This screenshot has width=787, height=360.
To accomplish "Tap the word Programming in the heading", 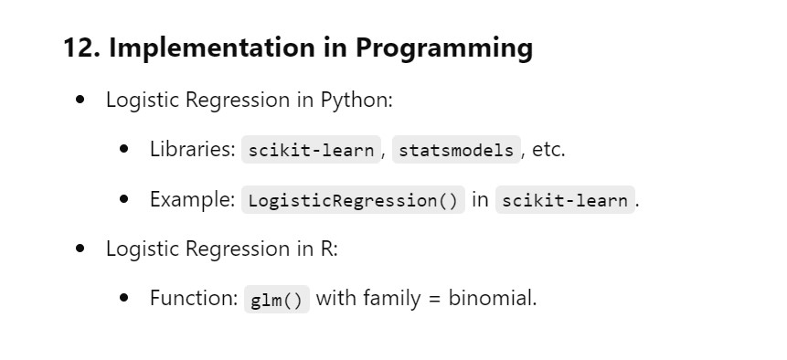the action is point(444,48).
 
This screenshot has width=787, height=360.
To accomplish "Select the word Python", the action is point(355,100).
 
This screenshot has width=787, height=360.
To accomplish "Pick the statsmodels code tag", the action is point(456,150).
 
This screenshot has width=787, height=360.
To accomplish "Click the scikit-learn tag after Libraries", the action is point(311,150).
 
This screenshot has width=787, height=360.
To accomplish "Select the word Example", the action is point(192,199).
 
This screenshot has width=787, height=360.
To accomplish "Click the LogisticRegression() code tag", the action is point(354,199).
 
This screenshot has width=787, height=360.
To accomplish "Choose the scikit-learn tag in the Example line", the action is point(565,199).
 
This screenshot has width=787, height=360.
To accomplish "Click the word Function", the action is point(194,299).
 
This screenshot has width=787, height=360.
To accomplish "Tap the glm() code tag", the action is point(277,300).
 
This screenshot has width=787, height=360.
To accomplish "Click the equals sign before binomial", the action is point(434,300).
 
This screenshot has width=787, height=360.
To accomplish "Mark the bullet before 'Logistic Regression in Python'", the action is point(80,100).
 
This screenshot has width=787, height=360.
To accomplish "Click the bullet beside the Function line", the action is point(124,298).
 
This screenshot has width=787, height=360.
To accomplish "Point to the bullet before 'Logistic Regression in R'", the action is point(80,249).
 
